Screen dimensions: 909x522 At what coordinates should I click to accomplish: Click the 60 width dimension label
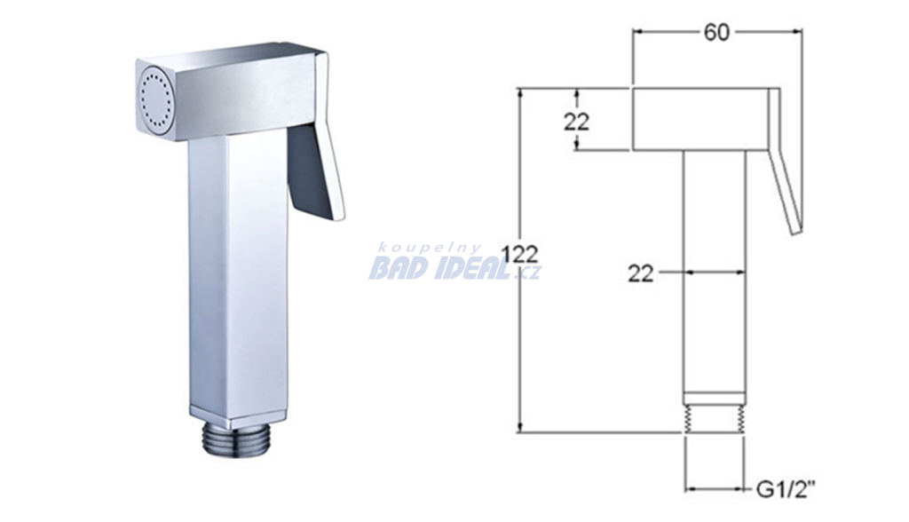[x=716, y=33]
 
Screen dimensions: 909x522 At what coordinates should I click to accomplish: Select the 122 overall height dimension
[x=520, y=254]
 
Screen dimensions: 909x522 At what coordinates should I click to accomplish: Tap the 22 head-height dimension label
[x=576, y=122]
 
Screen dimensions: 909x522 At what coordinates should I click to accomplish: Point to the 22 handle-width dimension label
[x=641, y=273]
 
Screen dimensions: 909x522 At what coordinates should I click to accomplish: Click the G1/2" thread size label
[x=786, y=490]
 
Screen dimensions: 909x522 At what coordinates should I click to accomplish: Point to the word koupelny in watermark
[x=429, y=249]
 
